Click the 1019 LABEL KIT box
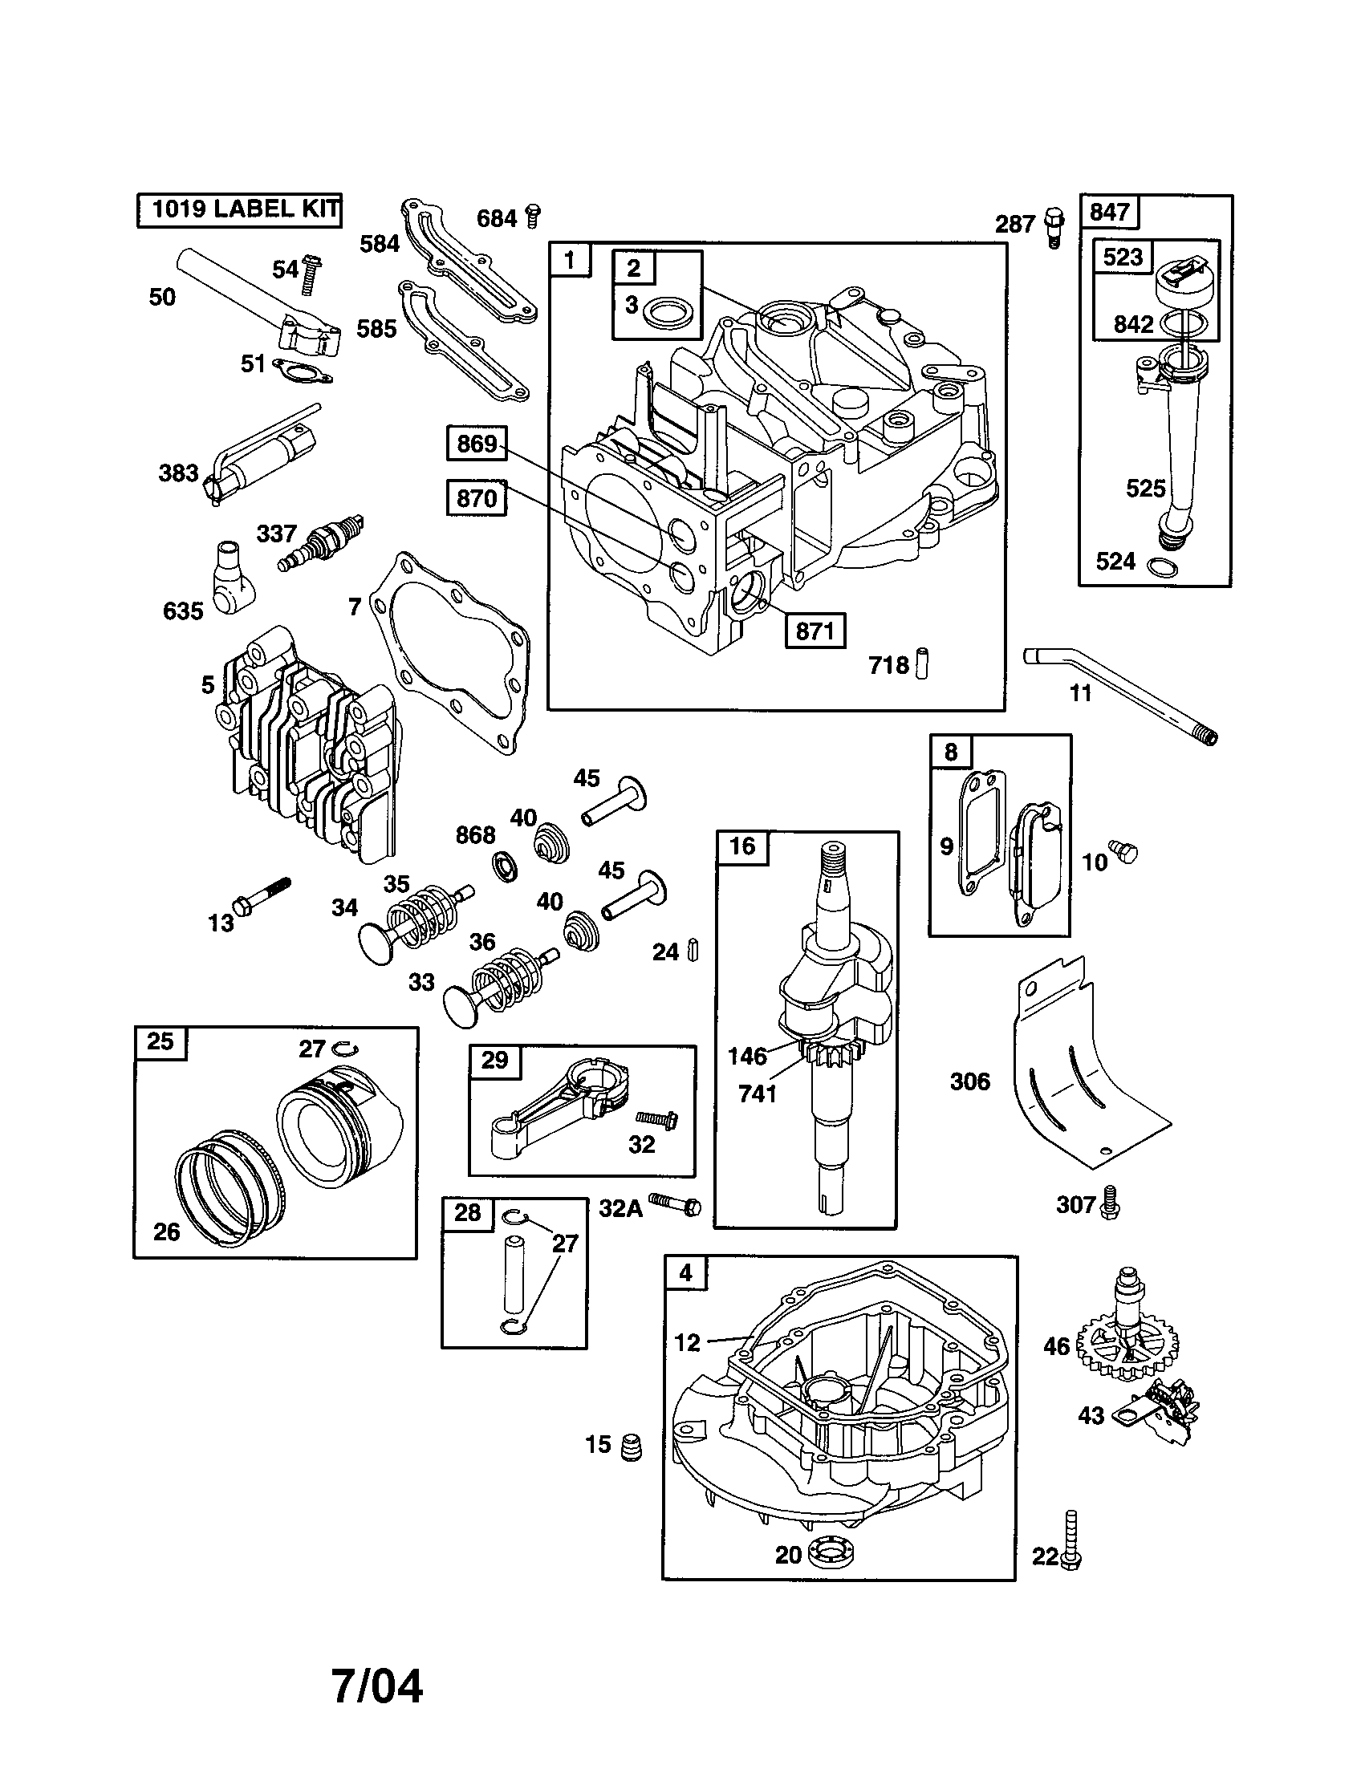239,210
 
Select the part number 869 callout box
477,444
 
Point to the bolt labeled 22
1071,1540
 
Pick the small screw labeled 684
533,216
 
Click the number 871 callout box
815,631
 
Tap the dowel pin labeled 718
921,663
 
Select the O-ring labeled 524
1162,566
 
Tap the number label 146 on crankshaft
747,1056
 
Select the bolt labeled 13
262,895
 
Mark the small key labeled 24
693,950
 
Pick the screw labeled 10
1123,850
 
